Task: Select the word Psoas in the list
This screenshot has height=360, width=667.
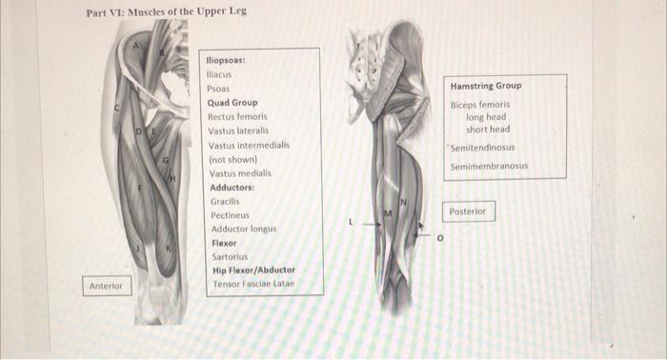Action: tap(218, 89)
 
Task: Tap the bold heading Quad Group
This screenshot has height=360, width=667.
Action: tap(232, 103)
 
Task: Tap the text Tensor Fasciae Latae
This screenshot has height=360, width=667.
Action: tap(253, 285)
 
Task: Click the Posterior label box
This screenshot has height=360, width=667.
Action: tap(470, 211)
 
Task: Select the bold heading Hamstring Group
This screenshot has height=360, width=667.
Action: tap(486, 86)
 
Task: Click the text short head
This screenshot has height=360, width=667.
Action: tap(488, 130)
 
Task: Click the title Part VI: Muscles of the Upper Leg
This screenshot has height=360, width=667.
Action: tap(159, 12)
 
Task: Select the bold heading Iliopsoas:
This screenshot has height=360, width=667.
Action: tap(227, 60)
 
